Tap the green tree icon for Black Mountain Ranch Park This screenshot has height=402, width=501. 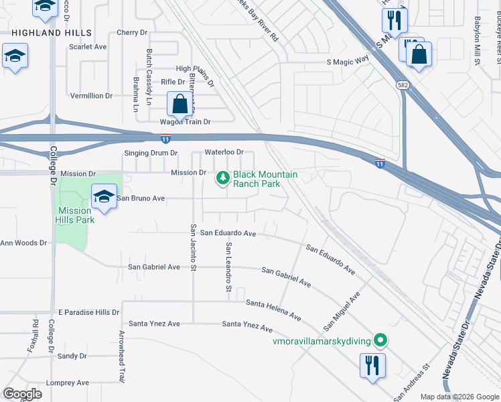pyautogui.click(x=222, y=178)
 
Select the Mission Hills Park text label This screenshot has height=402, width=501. pyautogui.click(x=75, y=215)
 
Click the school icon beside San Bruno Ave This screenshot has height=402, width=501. pyautogui.click(x=104, y=196)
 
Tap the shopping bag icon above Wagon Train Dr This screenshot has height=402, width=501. pyautogui.click(x=180, y=105)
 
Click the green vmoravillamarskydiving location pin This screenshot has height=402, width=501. pyautogui.click(x=380, y=341)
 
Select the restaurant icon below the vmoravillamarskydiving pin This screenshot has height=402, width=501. pyautogui.click(x=372, y=365)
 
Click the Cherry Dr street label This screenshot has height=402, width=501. pyautogui.click(x=131, y=32)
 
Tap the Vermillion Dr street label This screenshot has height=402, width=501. pyautogui.click(x=91, y=96)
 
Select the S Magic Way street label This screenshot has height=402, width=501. pyautogui.click(x=348, y=61)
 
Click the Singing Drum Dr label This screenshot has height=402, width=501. pyautogui.click(x=151, y=153)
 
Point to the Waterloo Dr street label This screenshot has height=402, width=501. pyautogui.click(x=224, y=152)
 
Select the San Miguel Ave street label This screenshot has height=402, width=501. pyautogui.click(x=342, y=310)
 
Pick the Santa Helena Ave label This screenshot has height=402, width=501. pyautogui.click(x=273, y=309)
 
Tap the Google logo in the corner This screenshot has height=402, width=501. pyautogui.click(x=22, y=393)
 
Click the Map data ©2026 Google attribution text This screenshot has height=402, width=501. pyautogui.click(x=459, y=397)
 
